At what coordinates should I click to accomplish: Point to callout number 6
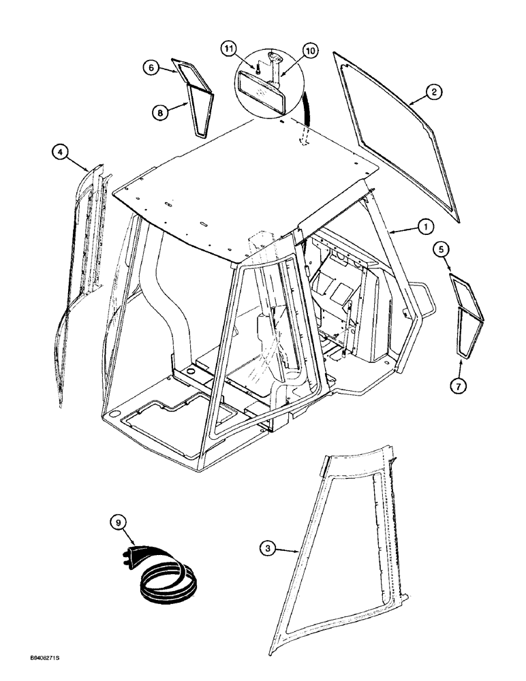pos(151,68)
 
